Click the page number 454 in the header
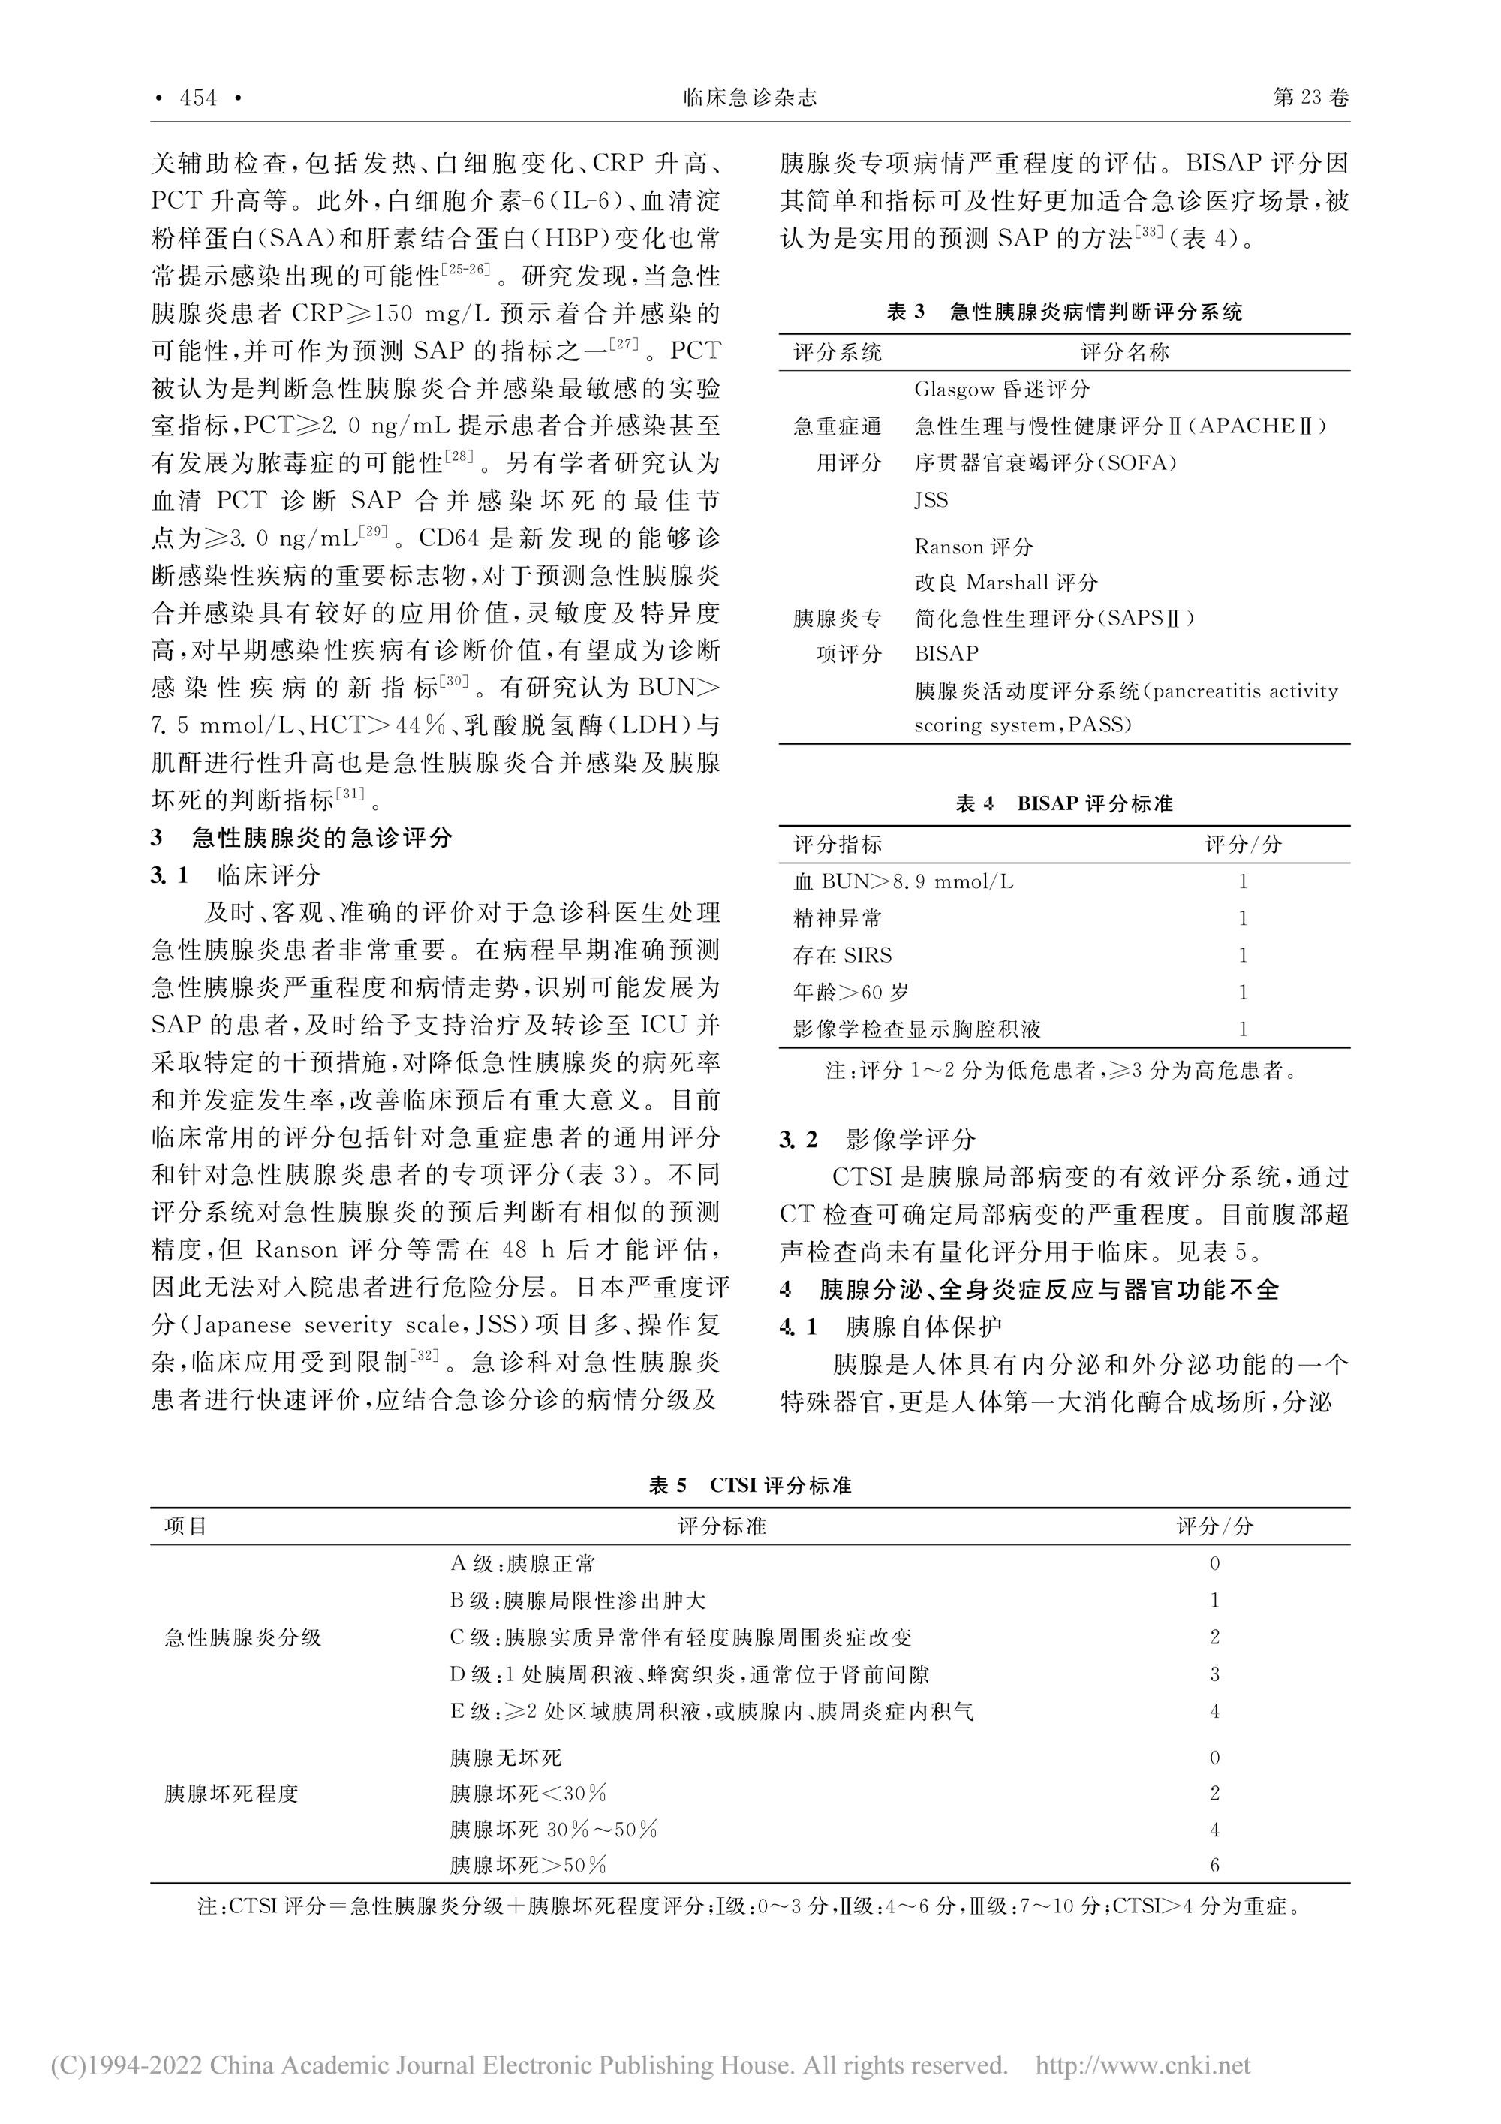pyautogui.click(x=197, y=98)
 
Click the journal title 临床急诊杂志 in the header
pyautogui.click(x=750, y=98)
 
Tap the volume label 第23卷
pyautogui.click(x=1310, y=98)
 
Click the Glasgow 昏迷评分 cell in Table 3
pyautogui.click(x=1002, y=390)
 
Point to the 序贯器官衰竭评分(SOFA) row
pyautogui.click(x=1045, y=462)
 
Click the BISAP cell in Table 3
pyautogui.click(x=946, y=654)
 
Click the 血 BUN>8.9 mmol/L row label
pyautogui.click(x=903, y=881)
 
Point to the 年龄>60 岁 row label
pyautogui.click(x=851, y=993)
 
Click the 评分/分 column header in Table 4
pyautogui.click(x=1243, y=845)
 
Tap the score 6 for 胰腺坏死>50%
pyautogui.click(x=1214, y=1866)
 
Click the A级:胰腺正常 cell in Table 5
pyautogui.click(x=522, y=1565)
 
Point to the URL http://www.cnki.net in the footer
pyautogui.click(x=1142, y=2065)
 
